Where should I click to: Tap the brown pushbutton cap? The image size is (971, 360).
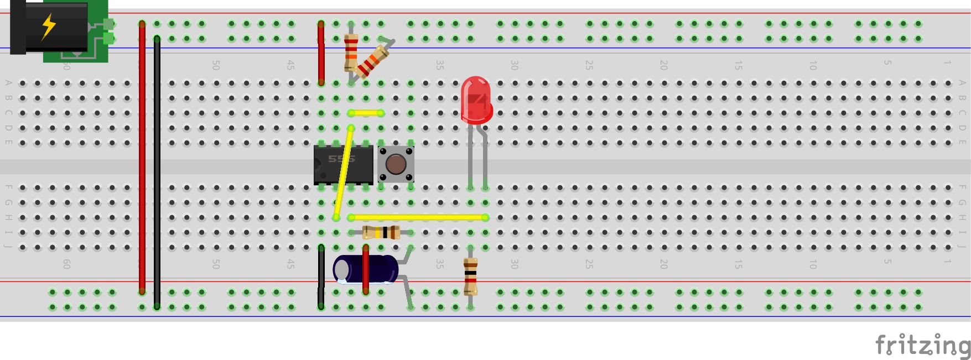(x=396, y=164)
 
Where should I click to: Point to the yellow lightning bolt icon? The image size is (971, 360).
(x=49, y=26)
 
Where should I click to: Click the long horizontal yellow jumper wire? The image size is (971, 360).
(x=418, y=217)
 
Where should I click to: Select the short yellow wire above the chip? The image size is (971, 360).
(x=366, y=113)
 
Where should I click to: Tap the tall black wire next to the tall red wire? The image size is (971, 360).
(x=157, y=171)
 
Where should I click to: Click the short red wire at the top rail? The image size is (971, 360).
(x=321, y=53)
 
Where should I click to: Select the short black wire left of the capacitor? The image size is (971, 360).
(x=321, y=276)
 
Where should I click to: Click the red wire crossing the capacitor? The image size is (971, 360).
(x=366, y=269)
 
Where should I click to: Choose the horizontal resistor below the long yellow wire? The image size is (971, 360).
(x=381, y=232)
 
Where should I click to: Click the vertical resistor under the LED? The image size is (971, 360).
(x=470, y=276)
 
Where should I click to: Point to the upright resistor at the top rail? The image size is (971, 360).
(x=351, y=53)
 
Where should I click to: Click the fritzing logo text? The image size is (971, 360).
(x=923, y=345)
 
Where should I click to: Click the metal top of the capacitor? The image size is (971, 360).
(x=341, y=269)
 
